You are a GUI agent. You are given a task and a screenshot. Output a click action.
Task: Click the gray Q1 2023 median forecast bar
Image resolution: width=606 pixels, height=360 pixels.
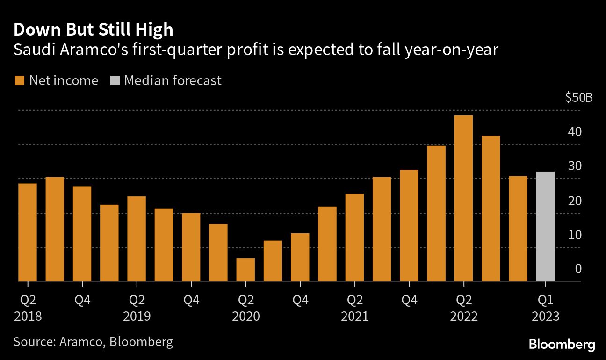coord(545,226)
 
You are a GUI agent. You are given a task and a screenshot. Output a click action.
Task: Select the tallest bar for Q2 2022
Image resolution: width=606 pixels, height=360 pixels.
coord(463,198)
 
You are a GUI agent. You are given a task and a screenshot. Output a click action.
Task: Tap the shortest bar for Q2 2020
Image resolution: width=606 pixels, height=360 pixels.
coord(245,269)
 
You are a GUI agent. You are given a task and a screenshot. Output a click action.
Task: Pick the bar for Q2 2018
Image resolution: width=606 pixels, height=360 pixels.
coord(28,232)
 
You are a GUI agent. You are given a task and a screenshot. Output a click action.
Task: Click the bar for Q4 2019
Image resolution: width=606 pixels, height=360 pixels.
coord(191,247)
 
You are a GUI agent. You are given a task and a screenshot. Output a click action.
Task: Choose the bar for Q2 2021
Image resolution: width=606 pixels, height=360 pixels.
coord(354,237)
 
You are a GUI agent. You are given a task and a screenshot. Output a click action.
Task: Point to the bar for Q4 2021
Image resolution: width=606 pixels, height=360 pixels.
coord(409,225)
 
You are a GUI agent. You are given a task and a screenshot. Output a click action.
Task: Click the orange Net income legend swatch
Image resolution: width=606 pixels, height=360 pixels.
coord(19,81)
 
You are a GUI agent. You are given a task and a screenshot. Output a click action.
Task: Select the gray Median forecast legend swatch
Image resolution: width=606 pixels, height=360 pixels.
coord(115,81)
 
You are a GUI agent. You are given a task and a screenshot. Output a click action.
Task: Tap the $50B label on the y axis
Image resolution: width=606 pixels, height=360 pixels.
coord(579,98)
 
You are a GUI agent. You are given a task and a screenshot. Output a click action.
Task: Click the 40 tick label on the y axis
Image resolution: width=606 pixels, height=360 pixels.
coord(575,132)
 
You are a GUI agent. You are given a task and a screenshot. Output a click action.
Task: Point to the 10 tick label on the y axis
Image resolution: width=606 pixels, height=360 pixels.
coord(575,235)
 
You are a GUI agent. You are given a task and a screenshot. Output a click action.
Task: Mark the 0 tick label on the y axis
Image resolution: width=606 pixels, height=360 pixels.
coord(578,269)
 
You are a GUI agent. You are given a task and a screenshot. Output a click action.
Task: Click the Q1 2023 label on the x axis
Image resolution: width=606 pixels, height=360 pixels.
coord(545,307)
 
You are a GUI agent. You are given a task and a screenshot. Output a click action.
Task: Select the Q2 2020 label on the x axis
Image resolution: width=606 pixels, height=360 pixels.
coord(245,307)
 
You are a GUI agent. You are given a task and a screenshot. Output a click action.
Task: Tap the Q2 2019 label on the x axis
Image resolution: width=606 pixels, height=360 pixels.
coord(137,307)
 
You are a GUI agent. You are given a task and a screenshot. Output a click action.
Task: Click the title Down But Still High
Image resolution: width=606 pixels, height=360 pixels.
coord(94,30)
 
